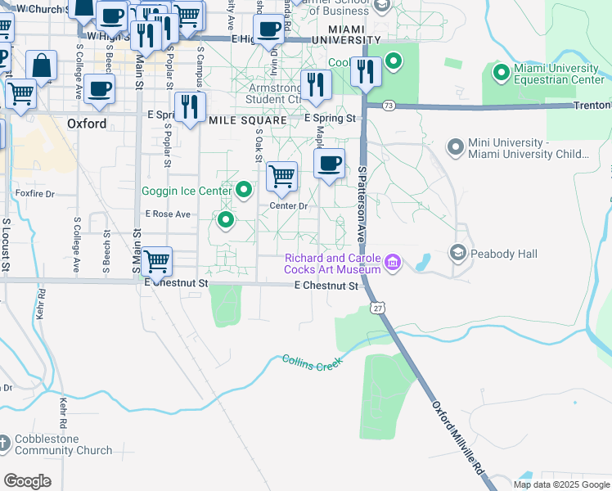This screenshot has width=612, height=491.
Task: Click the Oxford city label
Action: [x=87, y=124]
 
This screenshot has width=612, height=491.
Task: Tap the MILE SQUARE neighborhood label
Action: [x=248, y=119]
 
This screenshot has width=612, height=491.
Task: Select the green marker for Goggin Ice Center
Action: [x=244, y=191]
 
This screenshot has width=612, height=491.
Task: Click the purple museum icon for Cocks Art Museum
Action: [x=394, y=262]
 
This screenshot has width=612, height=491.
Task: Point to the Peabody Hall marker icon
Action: [x=457, y=254]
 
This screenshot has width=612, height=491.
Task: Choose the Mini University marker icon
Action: [x=456, y=147]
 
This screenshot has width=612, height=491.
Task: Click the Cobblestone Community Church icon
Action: [x=5, y=444]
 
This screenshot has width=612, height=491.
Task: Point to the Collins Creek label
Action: [x=311, y=360]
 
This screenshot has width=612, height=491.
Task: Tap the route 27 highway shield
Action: [x=376, y=307]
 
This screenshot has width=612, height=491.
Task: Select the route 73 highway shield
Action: [x=389, y=106]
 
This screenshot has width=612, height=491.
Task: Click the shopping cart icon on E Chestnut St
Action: [x=155, y=263]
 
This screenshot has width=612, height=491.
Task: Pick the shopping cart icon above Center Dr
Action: [x=281, y=175]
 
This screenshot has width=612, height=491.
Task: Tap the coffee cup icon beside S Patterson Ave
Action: [x=329, y=163]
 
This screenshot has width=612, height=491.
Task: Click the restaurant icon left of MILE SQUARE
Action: [x=189, y=106]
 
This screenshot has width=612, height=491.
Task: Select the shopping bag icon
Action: [x=41, y=65]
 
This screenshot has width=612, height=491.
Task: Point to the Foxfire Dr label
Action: [x=34, y=194]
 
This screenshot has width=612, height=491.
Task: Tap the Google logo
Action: [x=28, y=480]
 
